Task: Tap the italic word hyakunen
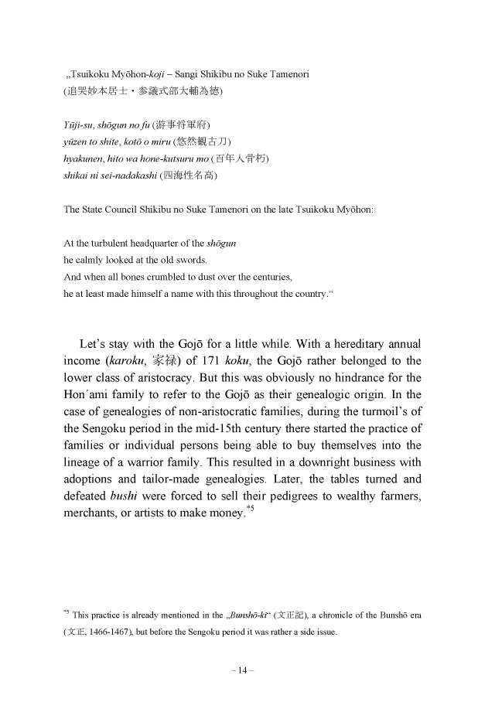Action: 85,158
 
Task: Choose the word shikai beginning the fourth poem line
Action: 76,175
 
